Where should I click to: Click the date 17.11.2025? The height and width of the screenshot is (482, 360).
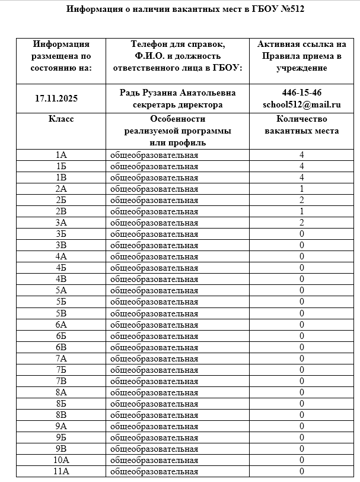57,99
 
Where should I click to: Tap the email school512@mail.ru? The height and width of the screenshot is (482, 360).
302,104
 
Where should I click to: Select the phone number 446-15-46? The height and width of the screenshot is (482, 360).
302,93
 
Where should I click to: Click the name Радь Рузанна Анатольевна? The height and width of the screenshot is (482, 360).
177,93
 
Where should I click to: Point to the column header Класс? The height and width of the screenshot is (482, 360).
61,119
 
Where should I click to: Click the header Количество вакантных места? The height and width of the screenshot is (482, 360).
302,125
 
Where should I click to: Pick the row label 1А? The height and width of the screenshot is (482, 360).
61,156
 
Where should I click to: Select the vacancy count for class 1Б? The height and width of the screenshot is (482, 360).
302,167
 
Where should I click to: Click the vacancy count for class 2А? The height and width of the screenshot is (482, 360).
302,189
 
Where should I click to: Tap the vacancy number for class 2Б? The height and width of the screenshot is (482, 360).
302,200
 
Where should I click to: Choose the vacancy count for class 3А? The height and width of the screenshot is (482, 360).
302,223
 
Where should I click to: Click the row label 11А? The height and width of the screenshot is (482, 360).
61,471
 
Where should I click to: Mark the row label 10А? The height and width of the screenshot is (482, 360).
61,460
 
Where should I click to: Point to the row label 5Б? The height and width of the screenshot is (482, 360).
61,302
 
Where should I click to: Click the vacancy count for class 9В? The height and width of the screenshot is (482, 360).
302,449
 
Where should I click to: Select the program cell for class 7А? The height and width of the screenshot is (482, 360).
155,358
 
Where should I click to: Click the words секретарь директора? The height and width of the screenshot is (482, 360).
177,104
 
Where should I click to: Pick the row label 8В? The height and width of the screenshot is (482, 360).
61,415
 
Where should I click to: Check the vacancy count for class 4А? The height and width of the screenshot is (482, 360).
302,256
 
